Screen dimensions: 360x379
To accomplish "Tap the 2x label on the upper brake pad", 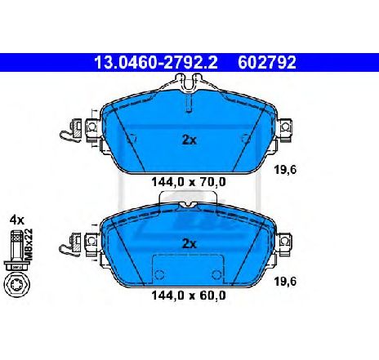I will click(x=189, y=139).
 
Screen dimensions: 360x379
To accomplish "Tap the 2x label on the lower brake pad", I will click(x=189, y=242).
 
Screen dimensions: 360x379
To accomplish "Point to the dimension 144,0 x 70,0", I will click(x=189, y=183).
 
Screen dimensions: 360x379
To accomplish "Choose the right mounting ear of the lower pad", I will click(x=285, y=242).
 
